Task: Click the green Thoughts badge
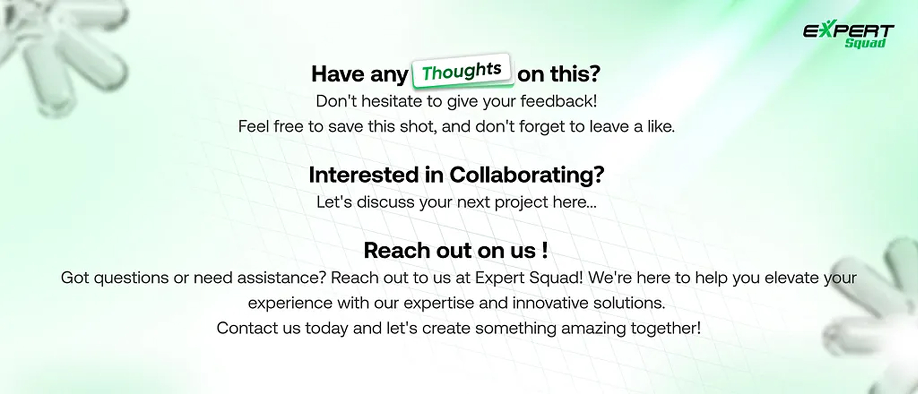coord(462,70)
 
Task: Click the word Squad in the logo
coord(865,43)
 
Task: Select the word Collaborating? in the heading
coord(527,175)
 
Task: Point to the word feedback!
coord(558,101)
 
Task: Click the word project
coord(521,202)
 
